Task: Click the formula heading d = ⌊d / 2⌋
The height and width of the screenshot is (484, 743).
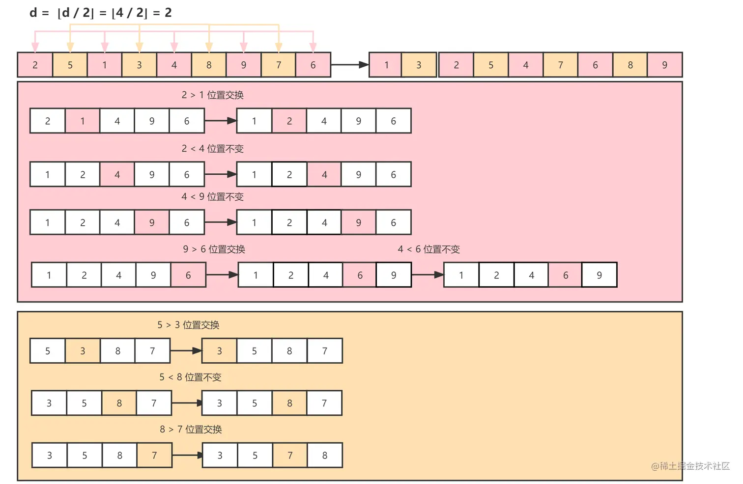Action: [x=100, y=13]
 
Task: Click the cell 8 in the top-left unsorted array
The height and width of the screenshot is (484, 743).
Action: [x=209, y=65]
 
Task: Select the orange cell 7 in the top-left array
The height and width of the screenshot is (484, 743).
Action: [x=279, y=65]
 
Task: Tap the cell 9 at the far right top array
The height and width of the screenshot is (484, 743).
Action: [x=664, y=65]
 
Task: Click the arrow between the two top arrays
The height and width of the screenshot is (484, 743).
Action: [x=349, y=65]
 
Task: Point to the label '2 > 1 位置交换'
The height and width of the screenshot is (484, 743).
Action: [x=212, y=95]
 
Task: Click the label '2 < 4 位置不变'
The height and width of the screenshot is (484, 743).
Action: [x=212, y=148]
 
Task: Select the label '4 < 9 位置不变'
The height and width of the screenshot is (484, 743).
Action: [x=212, y=196]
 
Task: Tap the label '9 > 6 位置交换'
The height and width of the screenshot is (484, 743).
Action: [x=214, y=249]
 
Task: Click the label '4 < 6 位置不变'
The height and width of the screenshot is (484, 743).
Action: [x=429, y=249]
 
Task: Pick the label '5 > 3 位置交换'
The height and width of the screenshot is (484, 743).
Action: [x=188, y=324]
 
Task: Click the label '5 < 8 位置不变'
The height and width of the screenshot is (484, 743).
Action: [x=190, y=377]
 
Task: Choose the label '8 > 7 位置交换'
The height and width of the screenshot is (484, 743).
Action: [x=191, y=429]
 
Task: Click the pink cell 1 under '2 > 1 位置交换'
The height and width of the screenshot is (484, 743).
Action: [x=82, y=121]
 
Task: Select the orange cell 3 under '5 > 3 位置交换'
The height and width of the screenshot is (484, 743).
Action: [x=83, y=351]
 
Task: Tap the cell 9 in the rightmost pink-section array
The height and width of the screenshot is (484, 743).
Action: [x=599, y=275]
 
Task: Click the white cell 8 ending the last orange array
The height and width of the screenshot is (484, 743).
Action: [x=324, y=456]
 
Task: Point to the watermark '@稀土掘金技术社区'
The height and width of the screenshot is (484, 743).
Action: [x=690, y=466]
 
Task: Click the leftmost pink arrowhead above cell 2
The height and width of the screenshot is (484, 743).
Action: [x=35, y=47]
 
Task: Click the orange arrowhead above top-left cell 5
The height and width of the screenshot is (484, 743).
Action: [x=70, y=47]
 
